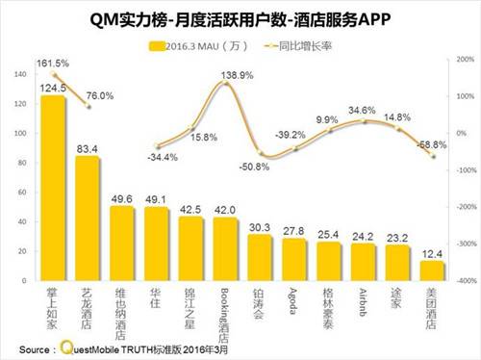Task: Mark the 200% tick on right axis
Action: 461,60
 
